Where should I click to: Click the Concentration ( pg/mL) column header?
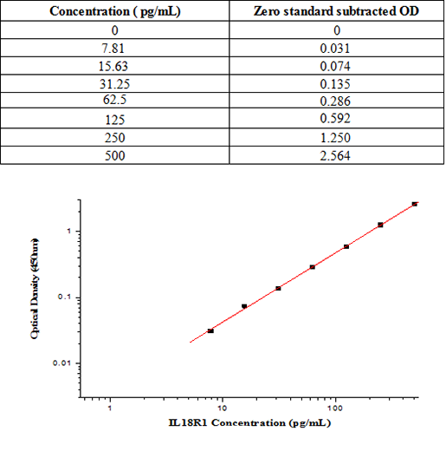[x=115, y=11]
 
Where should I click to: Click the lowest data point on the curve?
[x=210, y=330]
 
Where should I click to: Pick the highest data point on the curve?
[x=415, y=204]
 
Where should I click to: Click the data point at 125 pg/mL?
[x=346, y=246]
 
